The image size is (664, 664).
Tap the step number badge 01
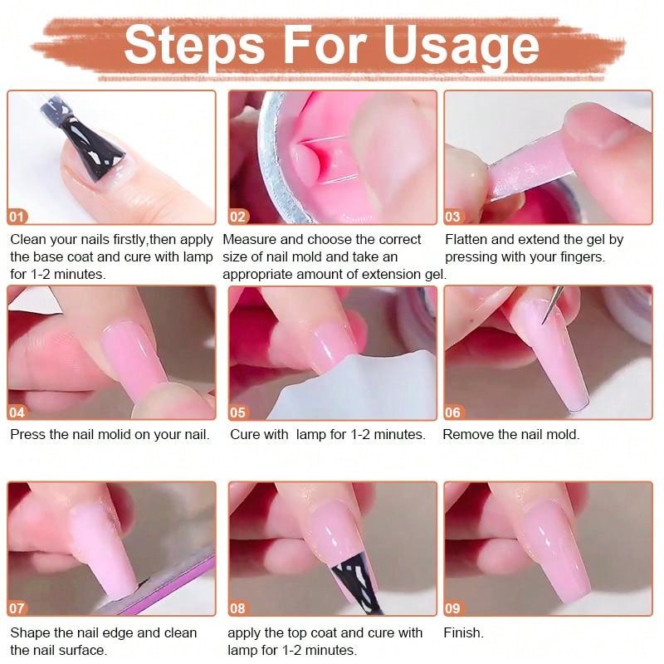click(17, 217)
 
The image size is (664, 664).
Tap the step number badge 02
click(238, 217)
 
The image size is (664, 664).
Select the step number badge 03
click(453, 217)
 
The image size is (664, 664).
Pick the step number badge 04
click(17, 412)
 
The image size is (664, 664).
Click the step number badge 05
click(238, 412)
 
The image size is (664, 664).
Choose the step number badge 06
click(453, 412)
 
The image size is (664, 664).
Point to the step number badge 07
click(17, 608)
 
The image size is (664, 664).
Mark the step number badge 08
click(238, 608)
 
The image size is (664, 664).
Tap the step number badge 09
click(453, 608)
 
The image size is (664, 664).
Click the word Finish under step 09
click(462, 632)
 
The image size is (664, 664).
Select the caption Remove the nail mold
click(511, 434)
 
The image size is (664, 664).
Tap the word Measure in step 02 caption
click(252, 239)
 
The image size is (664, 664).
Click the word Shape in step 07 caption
click(29, 632)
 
